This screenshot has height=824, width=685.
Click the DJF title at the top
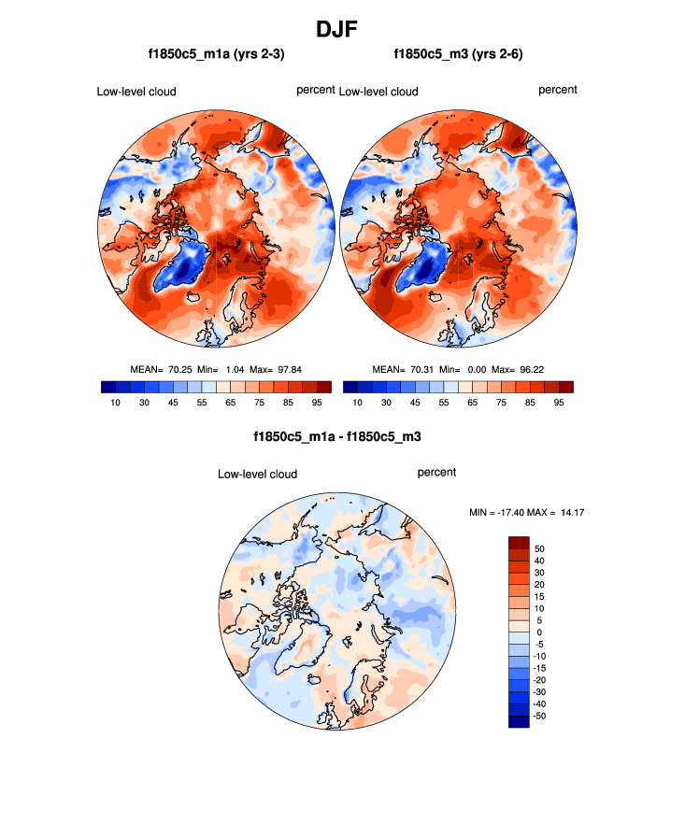click(342, 29)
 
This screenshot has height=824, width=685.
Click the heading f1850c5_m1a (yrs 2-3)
click(216, 55)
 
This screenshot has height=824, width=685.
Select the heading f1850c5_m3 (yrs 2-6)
click(458, 55)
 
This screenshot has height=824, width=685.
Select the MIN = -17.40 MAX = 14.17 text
click(526, 512)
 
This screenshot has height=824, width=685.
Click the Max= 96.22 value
click(539, 369)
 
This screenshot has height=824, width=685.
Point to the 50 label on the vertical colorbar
click(539, 548)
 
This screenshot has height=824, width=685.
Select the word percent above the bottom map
click(436, 473)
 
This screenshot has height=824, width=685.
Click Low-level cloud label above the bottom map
click(257, 475)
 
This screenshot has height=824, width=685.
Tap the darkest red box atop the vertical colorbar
click(519, 542)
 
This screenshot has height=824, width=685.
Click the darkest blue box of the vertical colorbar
click(519, 721)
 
